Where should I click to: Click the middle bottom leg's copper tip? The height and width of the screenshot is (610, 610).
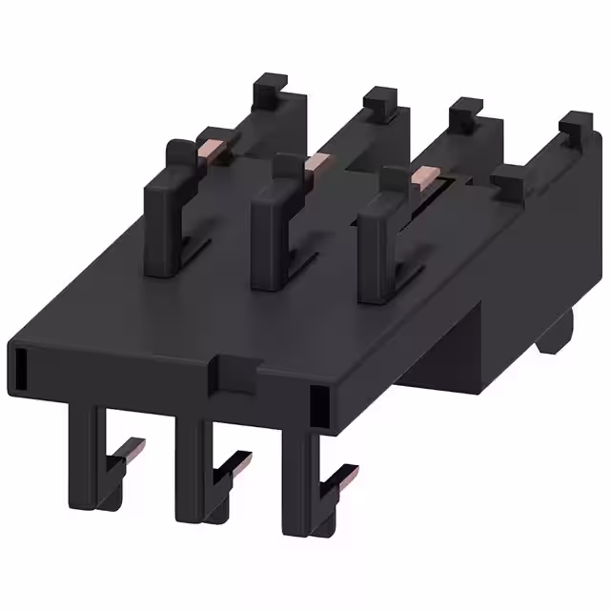point(240,463)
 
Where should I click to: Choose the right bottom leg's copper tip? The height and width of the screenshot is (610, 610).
point(348,474)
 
